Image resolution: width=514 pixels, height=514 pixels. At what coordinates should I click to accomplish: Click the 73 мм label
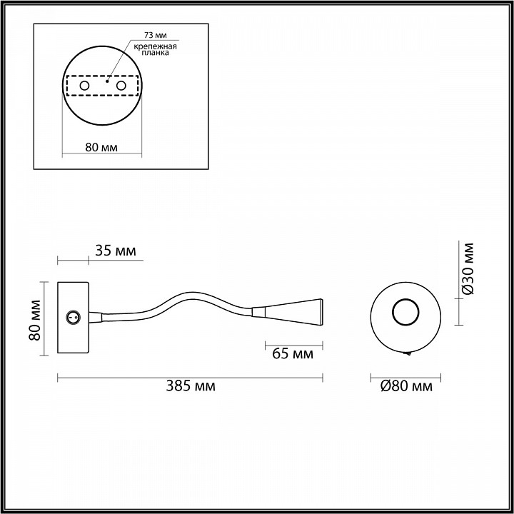(155, 35)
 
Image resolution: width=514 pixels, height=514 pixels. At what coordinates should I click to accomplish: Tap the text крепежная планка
(156, 49)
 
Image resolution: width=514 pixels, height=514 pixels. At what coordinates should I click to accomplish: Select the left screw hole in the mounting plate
(84, 86)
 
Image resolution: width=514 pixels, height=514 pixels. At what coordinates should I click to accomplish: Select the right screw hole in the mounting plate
(121, 86)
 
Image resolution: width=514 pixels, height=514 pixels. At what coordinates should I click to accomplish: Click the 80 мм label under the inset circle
(101, 148)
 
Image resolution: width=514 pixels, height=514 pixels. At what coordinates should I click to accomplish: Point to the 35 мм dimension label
(116, 251)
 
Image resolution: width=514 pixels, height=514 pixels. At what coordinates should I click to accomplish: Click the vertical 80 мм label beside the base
(35, 321)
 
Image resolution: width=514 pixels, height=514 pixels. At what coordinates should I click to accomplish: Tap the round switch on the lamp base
(73, 317)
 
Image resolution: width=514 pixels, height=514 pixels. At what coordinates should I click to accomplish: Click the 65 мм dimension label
(293, 353)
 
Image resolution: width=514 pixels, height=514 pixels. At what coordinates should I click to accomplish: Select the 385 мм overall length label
(191, 385)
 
